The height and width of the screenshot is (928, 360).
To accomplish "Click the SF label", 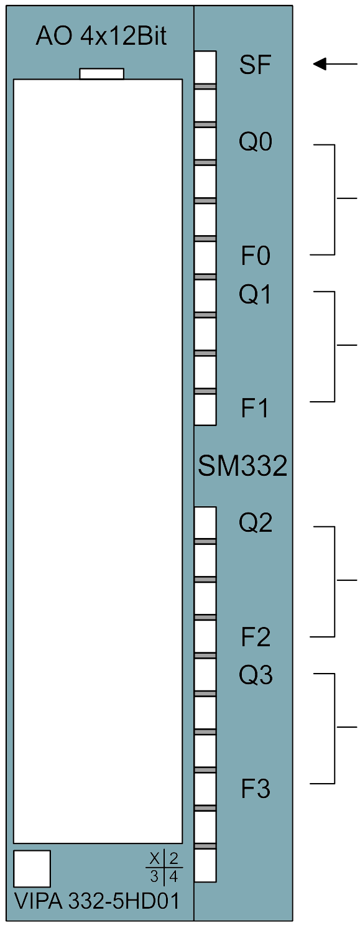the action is [x=255, y=65].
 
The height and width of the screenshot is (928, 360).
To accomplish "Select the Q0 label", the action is [x=255, y=142].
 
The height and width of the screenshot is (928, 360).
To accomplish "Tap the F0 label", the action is [x=256, y=256].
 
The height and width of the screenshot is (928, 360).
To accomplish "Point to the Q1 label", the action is [x=255, y=295].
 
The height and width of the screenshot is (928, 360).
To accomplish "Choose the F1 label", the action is [x=255, y=408].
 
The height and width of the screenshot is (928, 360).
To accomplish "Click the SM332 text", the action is [x=242, y=466].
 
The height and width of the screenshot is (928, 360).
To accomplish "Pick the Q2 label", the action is [x=255, y=523].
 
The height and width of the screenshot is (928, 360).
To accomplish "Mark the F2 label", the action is [x=256, y=637].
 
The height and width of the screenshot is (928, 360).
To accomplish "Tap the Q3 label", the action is [x=255, y=675].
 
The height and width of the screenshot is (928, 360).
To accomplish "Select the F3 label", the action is [x=256, y=789].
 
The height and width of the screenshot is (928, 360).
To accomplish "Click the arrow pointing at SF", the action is [x=335, y=64].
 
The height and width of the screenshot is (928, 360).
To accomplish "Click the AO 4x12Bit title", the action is [x=101, y=36].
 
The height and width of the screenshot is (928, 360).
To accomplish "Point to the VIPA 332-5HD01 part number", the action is [x=97, y=901].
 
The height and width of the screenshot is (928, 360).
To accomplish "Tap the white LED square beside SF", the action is [x=205, y=68].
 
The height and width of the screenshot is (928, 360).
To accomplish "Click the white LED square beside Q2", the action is [x=205, y=523].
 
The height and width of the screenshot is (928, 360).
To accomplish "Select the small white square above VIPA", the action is [x=32, y=869].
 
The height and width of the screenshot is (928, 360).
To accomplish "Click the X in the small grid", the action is [x=155, y=858].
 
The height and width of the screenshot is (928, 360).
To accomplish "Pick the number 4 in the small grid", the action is [x=174, y=876].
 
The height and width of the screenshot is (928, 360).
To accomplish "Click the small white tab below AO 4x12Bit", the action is [x=101, y=74].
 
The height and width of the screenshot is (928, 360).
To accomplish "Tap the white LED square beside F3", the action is [x=205, y=790].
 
